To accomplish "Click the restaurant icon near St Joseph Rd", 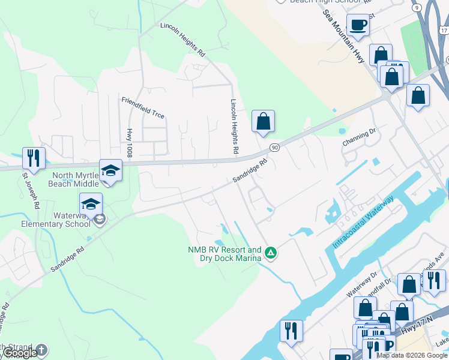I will click(33, 158).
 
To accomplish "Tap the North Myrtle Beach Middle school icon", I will click(111, 172).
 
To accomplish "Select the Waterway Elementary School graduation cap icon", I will click(91, 204).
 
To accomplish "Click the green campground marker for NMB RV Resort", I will click(271, 253).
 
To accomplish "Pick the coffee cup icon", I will click(358, 25).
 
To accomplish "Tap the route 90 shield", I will click(274, 148).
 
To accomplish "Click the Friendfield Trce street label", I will click(142, 107).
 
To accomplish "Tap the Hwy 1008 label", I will click(128, 143).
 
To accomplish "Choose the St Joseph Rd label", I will click(30, 191).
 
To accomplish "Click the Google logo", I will click(19, 353).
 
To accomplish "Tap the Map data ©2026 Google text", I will click(412, 355).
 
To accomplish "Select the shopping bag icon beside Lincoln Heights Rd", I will click(263, 121).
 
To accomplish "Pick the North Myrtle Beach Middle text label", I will click(75, 179).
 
